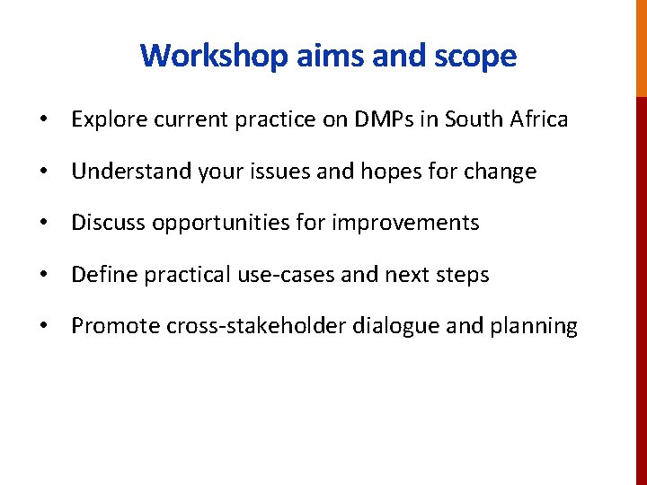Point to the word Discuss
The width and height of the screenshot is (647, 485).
coord(108,223)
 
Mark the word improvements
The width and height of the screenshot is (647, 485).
coord(405,223)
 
